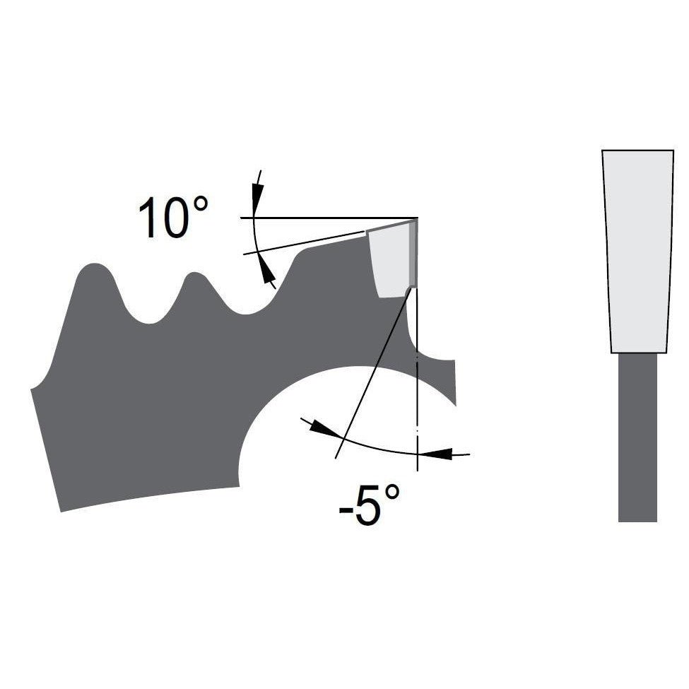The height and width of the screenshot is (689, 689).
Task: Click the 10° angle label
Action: tap(173, 217)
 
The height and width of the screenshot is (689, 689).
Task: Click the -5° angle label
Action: tap(369, 505)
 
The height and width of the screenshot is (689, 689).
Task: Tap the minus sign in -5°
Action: tap(346, 510)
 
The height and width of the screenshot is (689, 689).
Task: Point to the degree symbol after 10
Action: tap(200, 205)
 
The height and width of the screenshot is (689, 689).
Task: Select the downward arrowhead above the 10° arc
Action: tap(257, 194)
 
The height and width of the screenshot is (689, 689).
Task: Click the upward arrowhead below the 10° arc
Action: tap(267, 269)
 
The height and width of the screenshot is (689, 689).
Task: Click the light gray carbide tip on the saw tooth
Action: tap(389, 261)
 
